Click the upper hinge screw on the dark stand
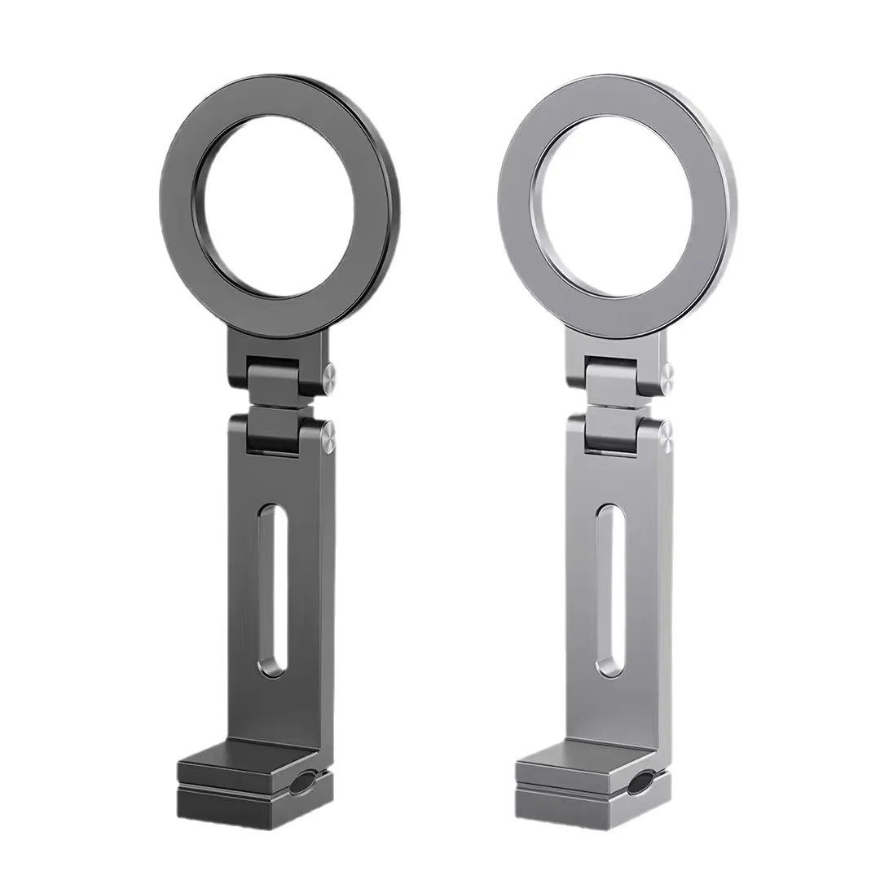tap(331, 376)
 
